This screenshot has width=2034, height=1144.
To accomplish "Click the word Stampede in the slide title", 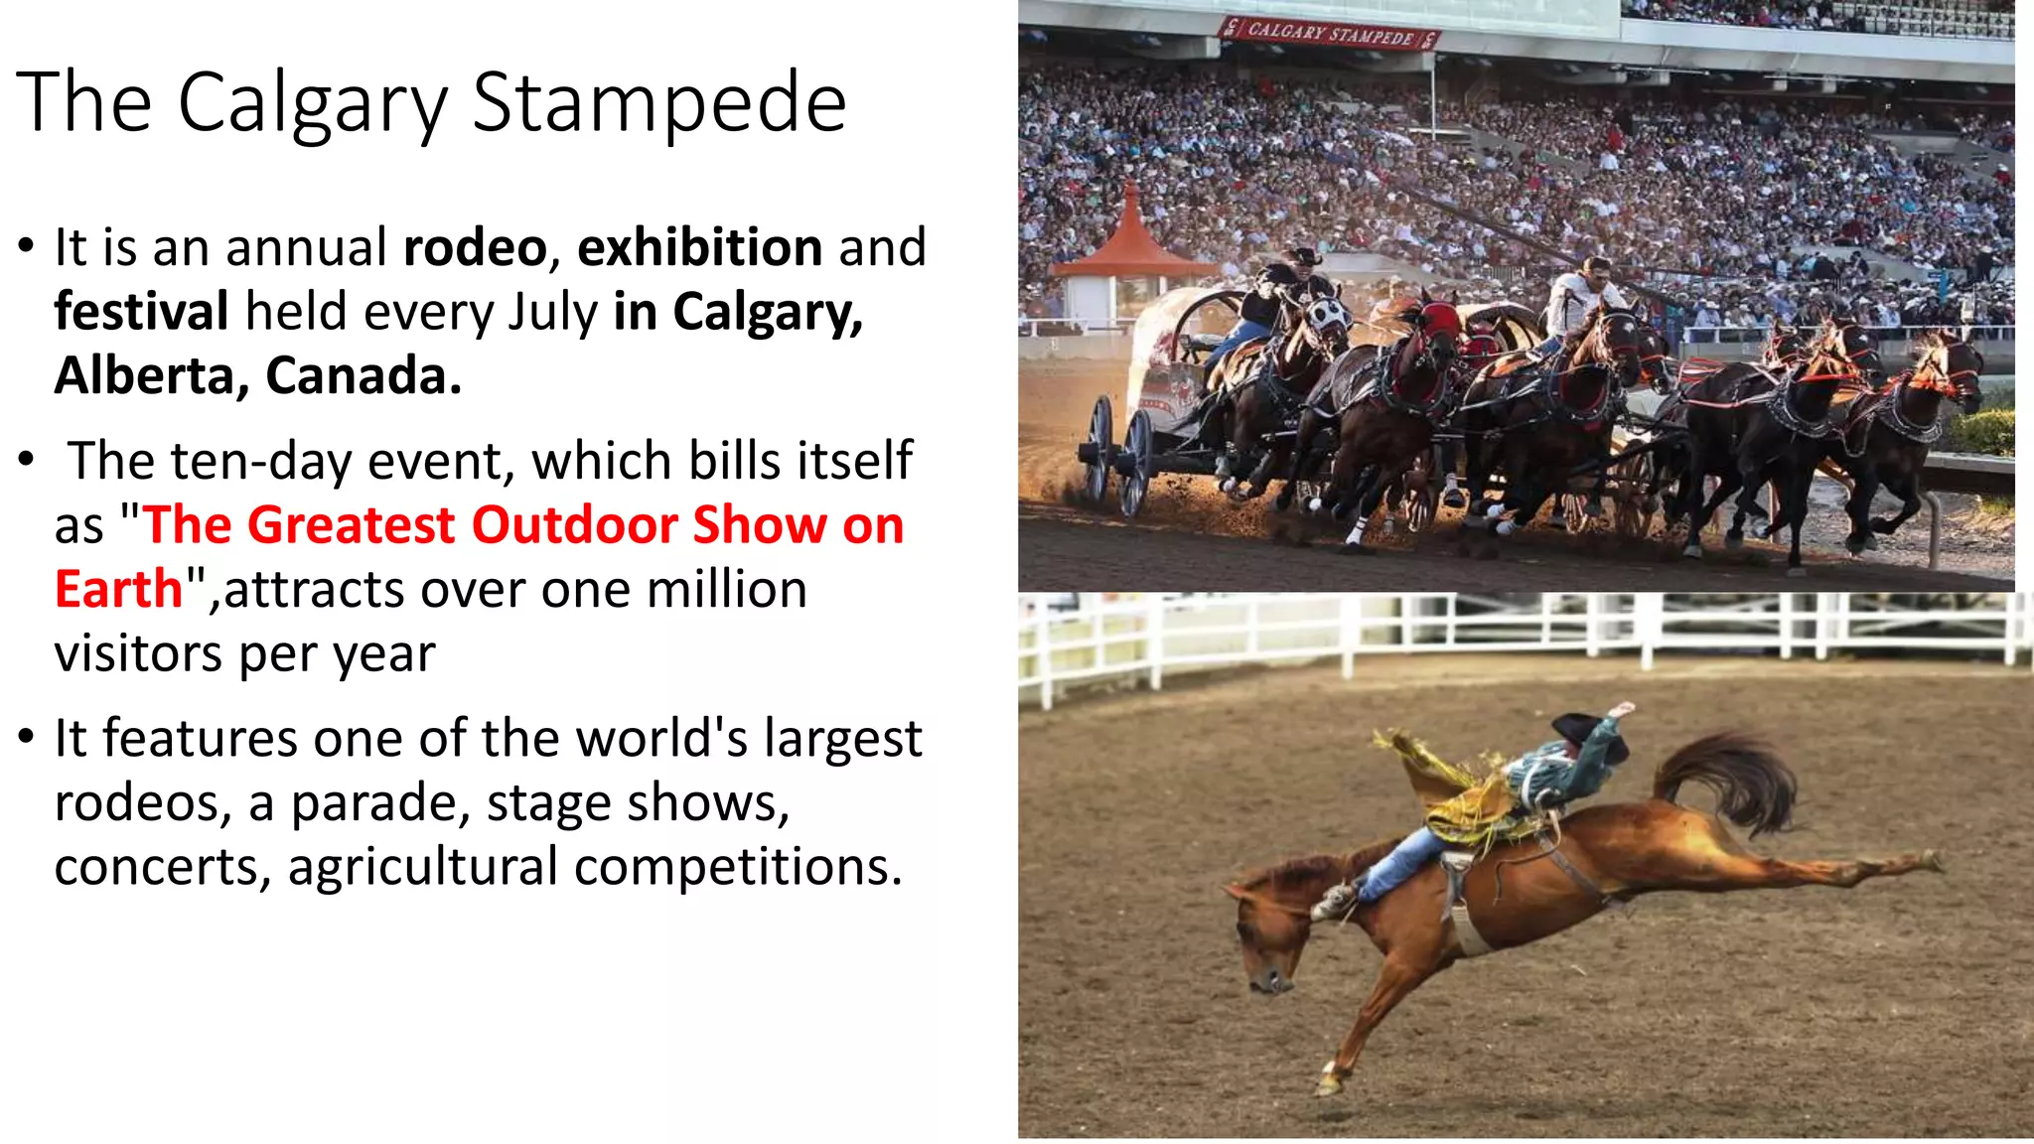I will point(658,103).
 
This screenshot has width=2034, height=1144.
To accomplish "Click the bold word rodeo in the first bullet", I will point(475,247).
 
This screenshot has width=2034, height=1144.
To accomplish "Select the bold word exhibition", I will point(699,247).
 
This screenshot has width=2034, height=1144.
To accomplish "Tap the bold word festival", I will point(141,312).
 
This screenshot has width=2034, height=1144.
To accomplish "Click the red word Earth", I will point(118,590).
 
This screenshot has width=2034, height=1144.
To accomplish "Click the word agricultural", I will point(423,867).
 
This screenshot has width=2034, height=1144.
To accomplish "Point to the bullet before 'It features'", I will point(27,738).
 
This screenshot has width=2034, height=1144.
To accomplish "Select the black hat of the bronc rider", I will point(1584,730).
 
